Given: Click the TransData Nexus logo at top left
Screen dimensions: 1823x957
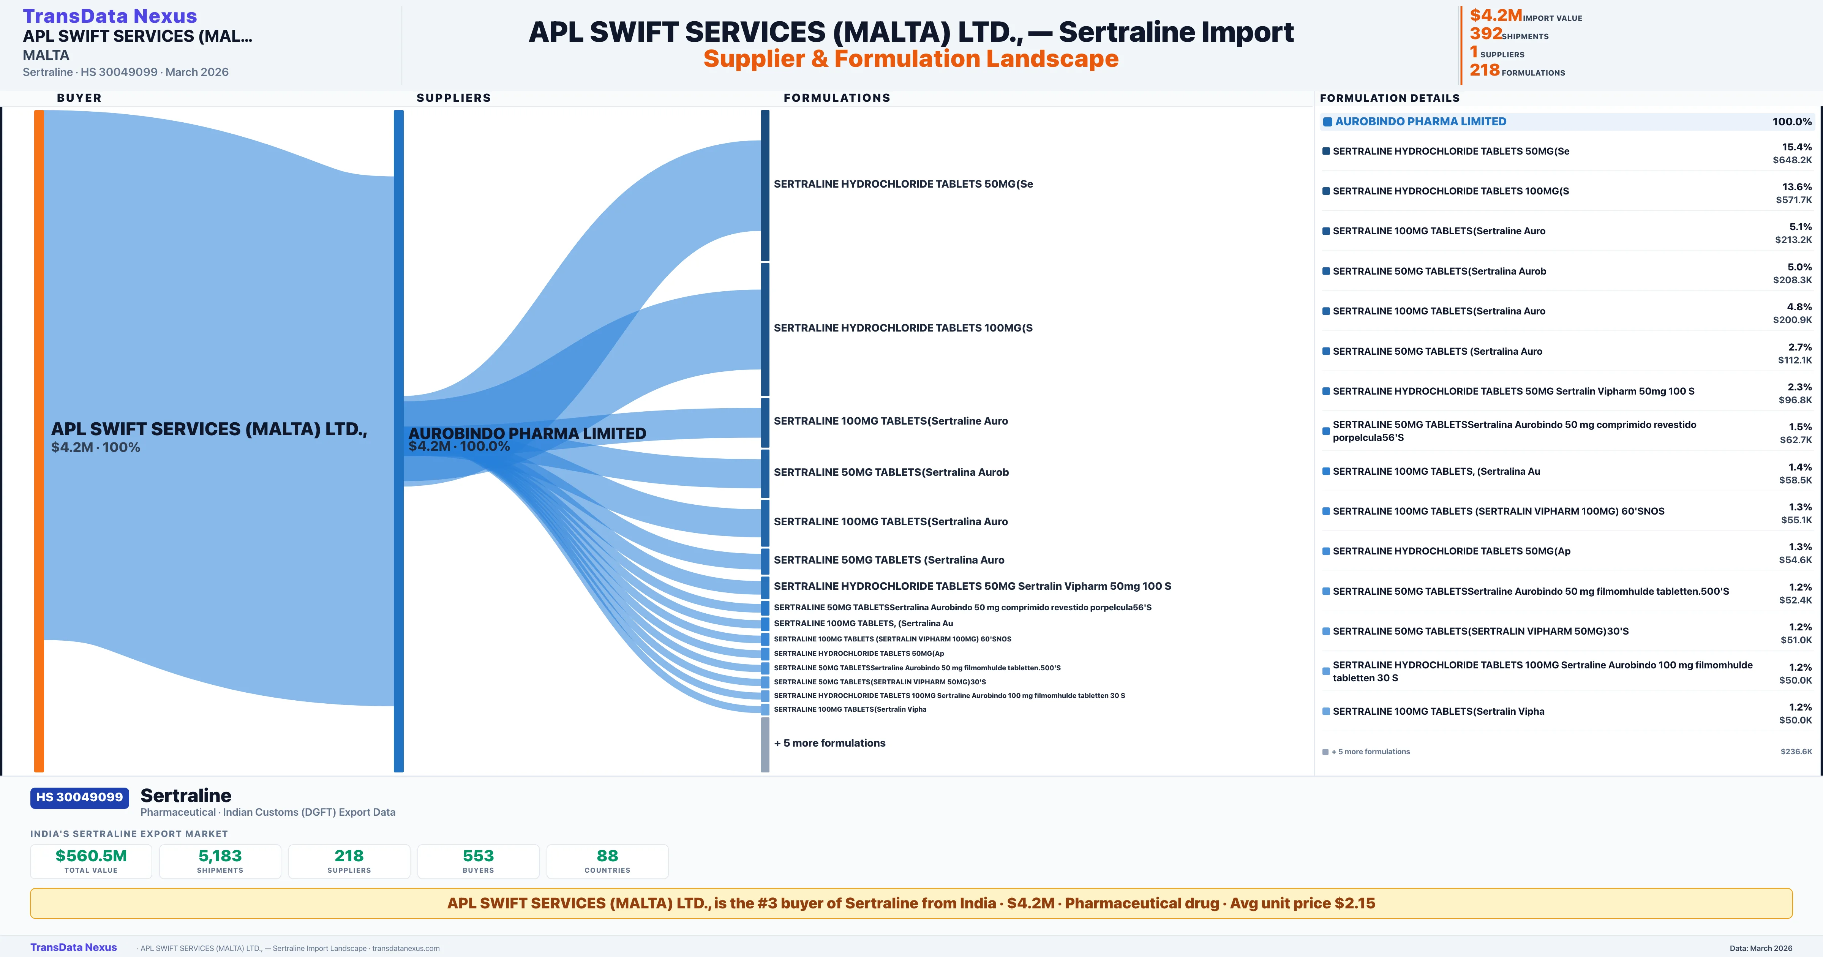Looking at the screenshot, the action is (x=110, y=16).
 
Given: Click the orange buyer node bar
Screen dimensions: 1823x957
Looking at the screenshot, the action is (x=39, y=440).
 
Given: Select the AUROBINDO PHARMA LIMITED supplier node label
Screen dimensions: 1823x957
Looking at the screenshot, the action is (x=527, y=433).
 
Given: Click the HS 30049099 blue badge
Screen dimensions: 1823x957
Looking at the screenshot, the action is (x=79, y=798).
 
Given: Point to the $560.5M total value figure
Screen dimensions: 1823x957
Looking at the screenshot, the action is (x=91, y=856).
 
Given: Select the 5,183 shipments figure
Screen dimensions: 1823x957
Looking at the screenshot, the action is (x=220, y=856).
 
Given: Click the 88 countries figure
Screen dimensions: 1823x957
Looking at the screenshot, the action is (x=607, y=856).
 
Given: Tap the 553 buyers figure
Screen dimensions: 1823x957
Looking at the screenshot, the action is (x=479, y=856).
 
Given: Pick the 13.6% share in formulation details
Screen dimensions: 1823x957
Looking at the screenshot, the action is (x=1797, y=187).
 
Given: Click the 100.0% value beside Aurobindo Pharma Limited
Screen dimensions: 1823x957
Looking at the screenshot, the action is (x=1792, y=122).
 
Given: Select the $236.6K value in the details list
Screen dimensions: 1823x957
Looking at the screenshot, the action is (x=1796, y=752).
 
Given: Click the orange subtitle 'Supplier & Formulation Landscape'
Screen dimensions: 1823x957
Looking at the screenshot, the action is (x=911, y=59).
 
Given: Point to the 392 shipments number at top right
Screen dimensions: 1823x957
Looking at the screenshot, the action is (x=1485, y=33).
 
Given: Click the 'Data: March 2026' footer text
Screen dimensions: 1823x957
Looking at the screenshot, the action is (x=1761, y=949).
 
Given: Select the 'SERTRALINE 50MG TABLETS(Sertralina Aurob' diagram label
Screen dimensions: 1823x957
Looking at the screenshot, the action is (x=891, y=472).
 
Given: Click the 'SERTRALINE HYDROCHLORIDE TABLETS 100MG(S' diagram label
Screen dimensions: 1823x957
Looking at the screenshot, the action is (x=903, y=328).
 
